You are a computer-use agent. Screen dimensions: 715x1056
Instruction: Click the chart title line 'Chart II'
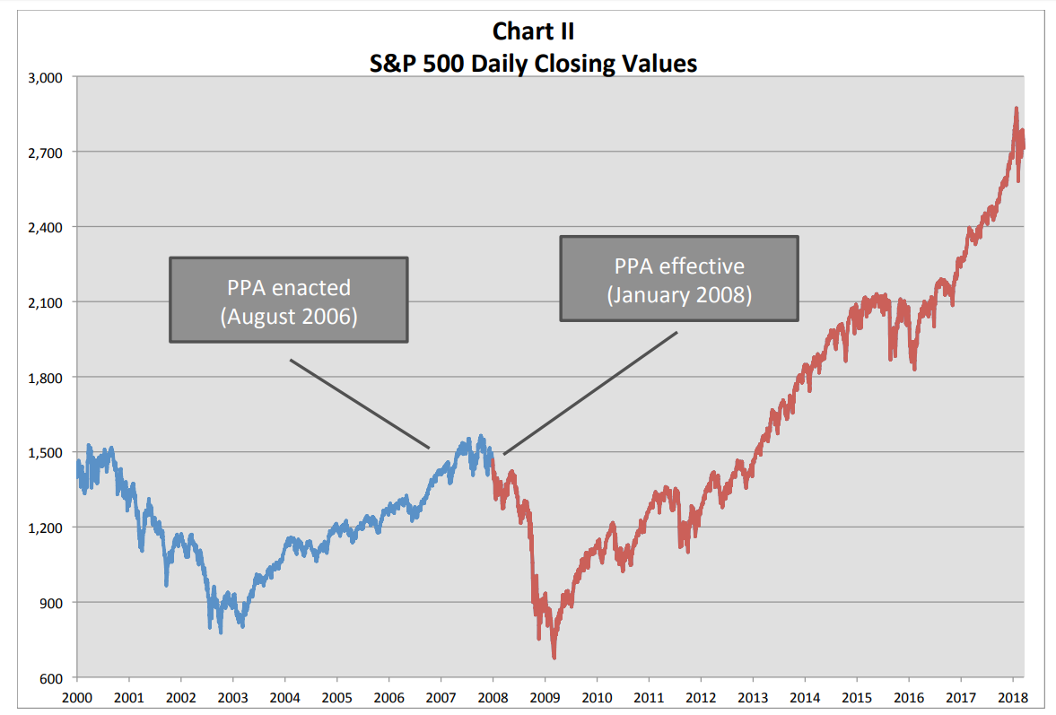coord(533,31)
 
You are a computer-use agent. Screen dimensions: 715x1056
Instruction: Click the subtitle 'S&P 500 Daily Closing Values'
coord(533,64)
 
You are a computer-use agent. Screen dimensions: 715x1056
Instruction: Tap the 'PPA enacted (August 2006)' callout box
coord(289,300)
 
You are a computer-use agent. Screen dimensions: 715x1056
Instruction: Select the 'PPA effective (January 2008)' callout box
coord(679,278)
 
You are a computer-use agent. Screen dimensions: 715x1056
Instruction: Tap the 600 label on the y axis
coord(51,677)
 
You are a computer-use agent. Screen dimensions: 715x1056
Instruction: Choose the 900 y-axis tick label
coord(51,602)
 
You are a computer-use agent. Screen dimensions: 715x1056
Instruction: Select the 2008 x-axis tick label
coord(493,696)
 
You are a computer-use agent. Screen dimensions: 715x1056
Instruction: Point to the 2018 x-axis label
coord(1013,696)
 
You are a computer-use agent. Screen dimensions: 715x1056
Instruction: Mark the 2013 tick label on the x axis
coord(753,696)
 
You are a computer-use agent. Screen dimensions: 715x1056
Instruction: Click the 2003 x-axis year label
coord(232,696)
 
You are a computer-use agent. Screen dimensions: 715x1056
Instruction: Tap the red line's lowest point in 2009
coord(554,658)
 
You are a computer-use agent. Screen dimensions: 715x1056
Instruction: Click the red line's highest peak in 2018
coord(1016,109)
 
